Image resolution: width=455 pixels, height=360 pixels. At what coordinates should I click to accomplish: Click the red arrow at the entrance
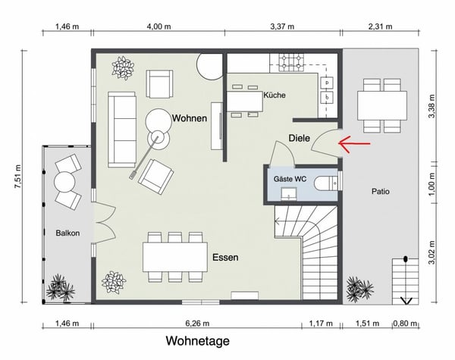click(353, 142)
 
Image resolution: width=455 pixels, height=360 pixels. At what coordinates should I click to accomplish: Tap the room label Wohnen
click(190, 119)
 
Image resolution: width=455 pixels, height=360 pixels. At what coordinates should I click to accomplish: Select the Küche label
click(275, 96)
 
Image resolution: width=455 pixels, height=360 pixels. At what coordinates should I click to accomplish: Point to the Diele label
click(300, 139)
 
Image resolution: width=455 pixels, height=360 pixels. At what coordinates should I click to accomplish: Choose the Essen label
click(226, 258)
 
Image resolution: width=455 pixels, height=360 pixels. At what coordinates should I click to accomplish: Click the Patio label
click(381, 192)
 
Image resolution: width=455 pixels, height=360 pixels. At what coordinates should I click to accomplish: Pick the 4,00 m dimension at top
click(160, 27)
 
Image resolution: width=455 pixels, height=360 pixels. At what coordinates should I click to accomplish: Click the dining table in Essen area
click(175, 256)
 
